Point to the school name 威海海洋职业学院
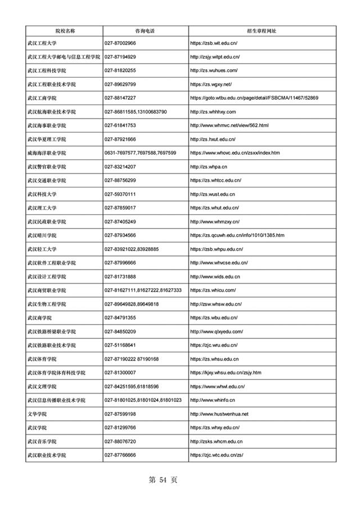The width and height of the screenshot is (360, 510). coord(47,153)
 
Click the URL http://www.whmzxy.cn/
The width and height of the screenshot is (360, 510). coord(215,222)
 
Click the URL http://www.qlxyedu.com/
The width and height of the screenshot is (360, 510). coord(217,332)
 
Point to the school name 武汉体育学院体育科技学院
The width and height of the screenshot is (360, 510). coord(56,373)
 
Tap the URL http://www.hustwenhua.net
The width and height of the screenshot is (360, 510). coord(219,414)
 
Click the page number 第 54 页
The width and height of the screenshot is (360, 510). coord(163,480)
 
